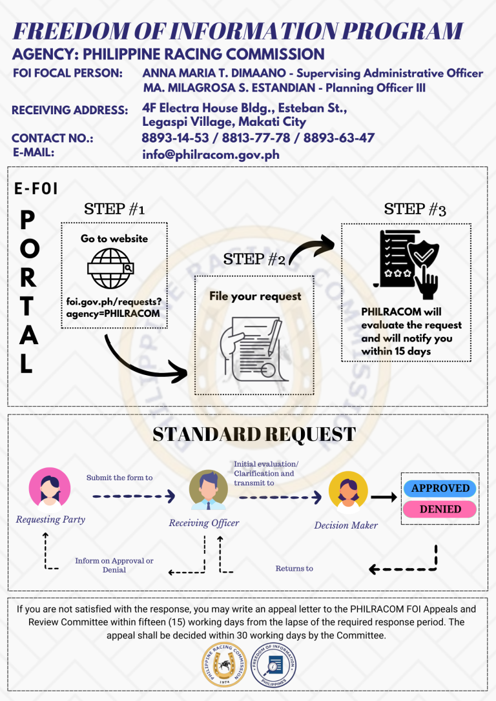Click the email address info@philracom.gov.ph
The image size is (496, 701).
tap(211, 155)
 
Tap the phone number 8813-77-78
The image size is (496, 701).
tap(256, 137)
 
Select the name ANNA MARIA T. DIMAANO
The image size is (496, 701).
tap(214, 73)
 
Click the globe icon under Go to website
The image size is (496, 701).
tap(111, 269)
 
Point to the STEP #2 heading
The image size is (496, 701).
tap(254, 259)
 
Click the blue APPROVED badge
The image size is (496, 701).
tap(440, 488)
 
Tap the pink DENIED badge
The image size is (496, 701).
tap(440, 509)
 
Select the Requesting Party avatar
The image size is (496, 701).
tap(50, 489)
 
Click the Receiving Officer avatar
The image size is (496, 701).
tap(209, 490)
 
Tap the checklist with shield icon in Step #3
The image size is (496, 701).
tap(406, 264)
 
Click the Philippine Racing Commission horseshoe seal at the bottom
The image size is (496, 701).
tap(224, 664)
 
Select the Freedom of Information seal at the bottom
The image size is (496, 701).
tap(273, 665)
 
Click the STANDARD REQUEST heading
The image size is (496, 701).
tap(254, 434)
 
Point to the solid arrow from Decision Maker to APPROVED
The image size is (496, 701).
tap(384, 496)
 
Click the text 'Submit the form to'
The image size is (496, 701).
tap(119, 478)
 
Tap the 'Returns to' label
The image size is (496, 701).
tap(294, 569)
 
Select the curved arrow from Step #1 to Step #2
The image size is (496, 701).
tap(134, 366)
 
